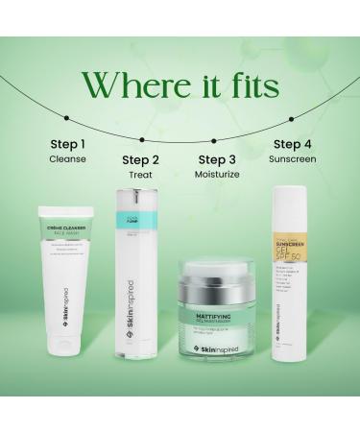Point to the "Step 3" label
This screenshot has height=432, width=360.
point(218,159)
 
